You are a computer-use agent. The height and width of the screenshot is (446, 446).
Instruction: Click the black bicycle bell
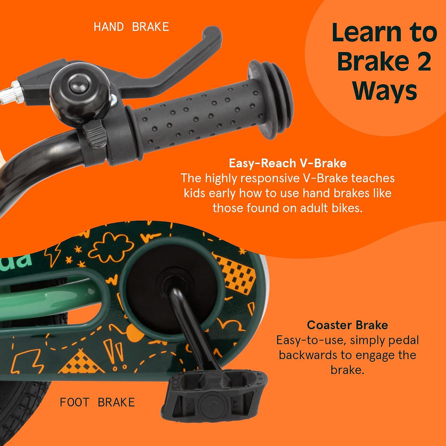coord(80,94)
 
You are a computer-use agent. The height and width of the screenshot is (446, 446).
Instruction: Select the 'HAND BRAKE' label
coord(132,27)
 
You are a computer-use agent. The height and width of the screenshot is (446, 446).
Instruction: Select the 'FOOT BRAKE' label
coord(97,402)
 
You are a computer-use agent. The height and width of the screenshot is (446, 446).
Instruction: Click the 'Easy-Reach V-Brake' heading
coord(287,163)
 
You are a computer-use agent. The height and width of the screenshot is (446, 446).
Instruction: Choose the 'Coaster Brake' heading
coord(347,325)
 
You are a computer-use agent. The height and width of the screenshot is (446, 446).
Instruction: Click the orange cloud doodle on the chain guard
coord(111,247)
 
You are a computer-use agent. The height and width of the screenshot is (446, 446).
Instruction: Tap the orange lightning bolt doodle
coord(54,254)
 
